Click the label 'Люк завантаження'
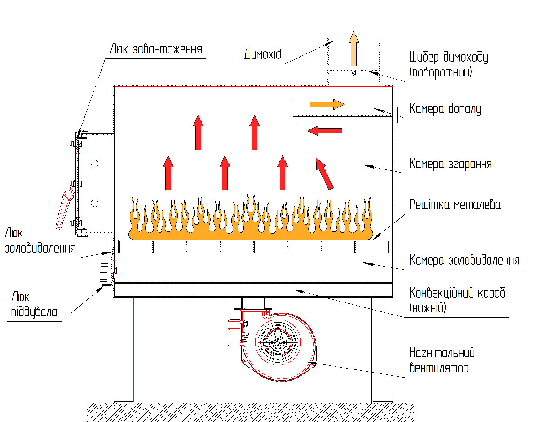click(x=156, y=49)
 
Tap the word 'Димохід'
click(x=262, y=54)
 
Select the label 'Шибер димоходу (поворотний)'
click(x=448, y=65)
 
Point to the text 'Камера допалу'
click(x=445, y=109)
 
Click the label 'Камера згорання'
click(x=451, y=164)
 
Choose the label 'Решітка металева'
click(x=455, y=204)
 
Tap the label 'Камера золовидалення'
click(x=464, y=260)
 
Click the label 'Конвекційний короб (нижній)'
click(x=457, y=300)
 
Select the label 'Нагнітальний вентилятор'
click(x=442, y=360)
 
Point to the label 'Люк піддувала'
click(x=34, y=305)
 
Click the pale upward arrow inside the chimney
click(x=353, y=49)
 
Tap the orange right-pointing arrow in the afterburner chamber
click(x=327, y=104)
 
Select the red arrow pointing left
click(x=324, y=130)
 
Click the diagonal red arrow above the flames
click(x=324, y=174)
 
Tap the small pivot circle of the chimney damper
click(x=354, y=73)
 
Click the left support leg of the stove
click(x=124, y=350)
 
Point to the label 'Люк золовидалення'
click(x=40, y=240)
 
